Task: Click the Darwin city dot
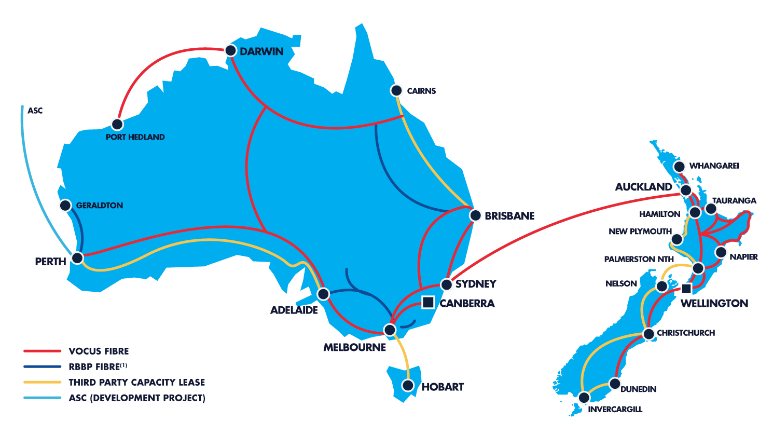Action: (x=230, y=51)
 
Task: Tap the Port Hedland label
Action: (x=135, y=137)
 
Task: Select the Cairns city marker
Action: (x=396, y=91)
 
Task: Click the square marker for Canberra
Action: (x=428, y=302)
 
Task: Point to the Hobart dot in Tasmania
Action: (x=408, y=385)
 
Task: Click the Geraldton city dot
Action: (x=65, y=206)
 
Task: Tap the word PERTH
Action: (x=50, y=262)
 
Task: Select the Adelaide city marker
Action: (x=323, y=294)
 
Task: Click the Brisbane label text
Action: (x=509, y=216)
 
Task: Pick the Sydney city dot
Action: (x=446, y=284)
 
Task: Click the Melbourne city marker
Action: (x=390, y=330)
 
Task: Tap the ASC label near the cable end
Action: (x=35, y=111)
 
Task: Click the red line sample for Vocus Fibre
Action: (x=42, y=351)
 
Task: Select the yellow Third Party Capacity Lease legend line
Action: (x=42, y=382)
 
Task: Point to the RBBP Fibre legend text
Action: (x=98, y=366)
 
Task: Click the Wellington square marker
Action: (x=686, y=288)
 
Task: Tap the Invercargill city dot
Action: (x=584, y=398)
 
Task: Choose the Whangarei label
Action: (x=714, y=166)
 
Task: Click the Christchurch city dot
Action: (x=649, y=334)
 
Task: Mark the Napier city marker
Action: (x=721, y=252)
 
